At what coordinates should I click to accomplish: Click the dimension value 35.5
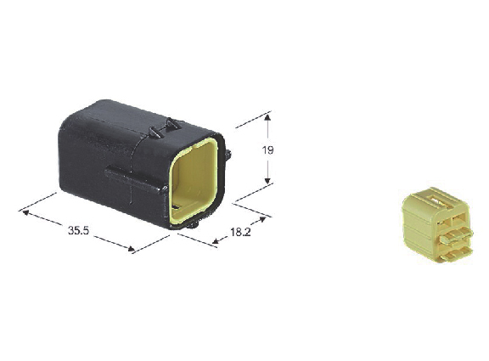click(78, 230)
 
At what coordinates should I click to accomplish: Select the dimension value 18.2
click(240, 232)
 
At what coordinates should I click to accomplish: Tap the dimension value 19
click(267, 150)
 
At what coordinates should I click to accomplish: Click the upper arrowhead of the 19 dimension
click(267, 117)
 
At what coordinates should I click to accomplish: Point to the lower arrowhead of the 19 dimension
click(267, 181)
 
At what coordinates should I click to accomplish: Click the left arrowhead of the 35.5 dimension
click(25, 213)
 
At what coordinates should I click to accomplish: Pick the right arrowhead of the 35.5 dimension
click(132, 249)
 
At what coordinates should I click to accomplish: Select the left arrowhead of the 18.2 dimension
click(215, 240)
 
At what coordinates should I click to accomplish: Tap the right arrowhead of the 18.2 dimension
click(262, 219)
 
